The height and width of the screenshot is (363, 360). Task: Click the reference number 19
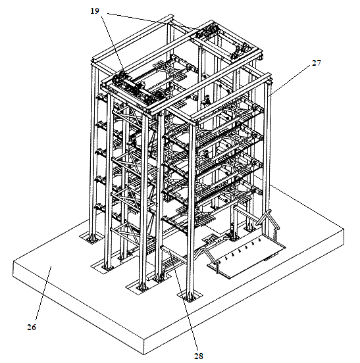(95, 11)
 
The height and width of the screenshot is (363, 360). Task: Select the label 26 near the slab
(32, 327)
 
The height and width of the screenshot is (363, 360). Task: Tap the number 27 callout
(317, 62)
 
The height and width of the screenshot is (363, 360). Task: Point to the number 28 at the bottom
(199, 356)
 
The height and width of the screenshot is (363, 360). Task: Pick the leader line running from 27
(291, 80)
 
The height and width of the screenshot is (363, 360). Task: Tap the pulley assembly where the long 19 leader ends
(205, 32)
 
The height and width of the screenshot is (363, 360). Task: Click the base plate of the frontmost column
(190, 297)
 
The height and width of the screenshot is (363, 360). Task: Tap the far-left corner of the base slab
(13, 262)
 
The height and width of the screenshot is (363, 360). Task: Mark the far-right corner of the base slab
(344, 229)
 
